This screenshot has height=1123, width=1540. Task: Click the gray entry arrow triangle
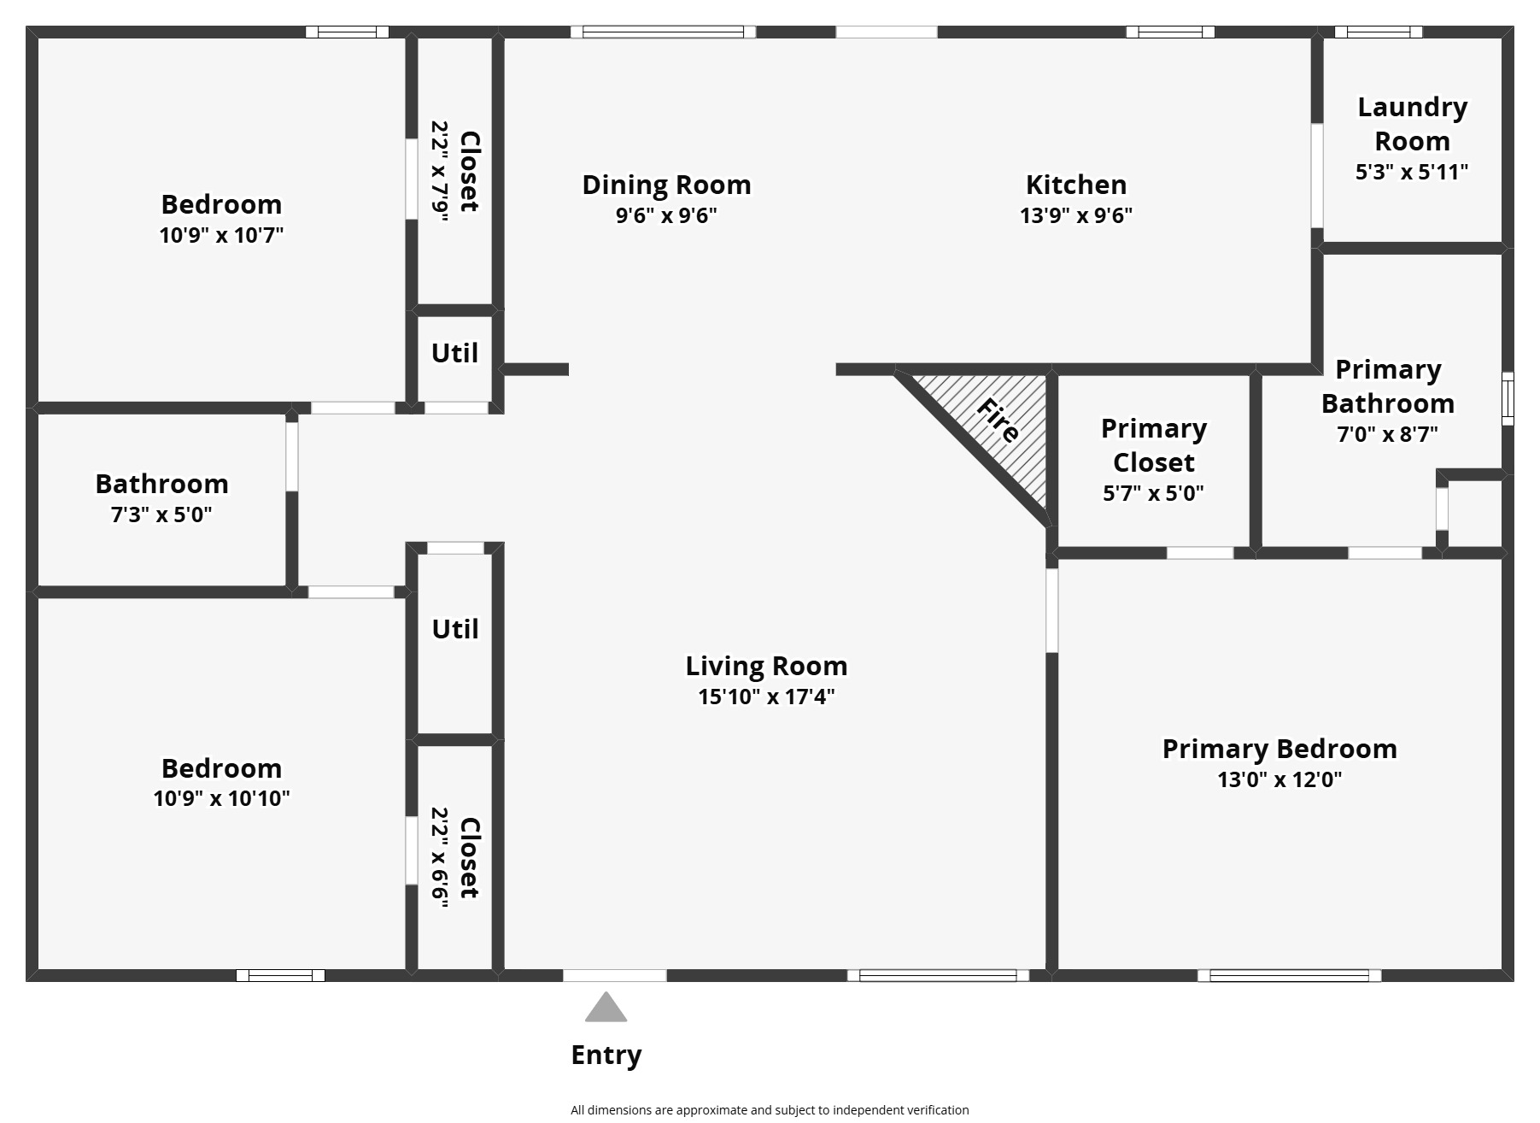point(606,1008)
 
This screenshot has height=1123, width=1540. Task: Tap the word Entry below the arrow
point(606,1055)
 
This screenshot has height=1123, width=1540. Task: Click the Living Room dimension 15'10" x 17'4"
point(766,697)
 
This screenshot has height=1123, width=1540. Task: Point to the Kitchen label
point(1075,185)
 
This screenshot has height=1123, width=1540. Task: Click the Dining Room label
point(666,185)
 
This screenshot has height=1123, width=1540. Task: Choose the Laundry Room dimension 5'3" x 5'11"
point(1411,172)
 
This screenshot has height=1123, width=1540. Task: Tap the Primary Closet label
point(1153,445)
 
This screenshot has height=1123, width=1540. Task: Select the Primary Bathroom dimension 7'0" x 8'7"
point(1387,434)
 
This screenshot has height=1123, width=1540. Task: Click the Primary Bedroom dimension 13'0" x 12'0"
point(1279,779)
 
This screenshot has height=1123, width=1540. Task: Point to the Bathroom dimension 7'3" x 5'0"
point(161,514)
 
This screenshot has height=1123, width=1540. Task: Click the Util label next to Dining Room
point(454,353)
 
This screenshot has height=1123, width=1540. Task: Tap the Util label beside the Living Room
point(454,629)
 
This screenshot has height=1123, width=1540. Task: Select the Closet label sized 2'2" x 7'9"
point(469,171)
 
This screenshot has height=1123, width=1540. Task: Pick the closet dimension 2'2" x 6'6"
point(440,859)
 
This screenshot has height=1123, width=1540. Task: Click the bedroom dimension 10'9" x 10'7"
point(221,235)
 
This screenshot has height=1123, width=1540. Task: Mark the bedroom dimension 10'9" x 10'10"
point(221,798)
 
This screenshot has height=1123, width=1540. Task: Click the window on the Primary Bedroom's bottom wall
point(1289,975)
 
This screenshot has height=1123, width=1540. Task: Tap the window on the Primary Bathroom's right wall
point(1508,398)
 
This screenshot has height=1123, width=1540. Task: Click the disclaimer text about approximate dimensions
point(770,1110)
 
